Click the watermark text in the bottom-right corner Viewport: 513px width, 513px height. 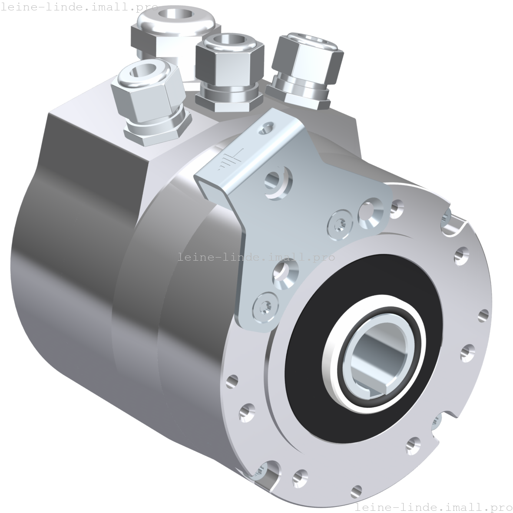tap(432, 507)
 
